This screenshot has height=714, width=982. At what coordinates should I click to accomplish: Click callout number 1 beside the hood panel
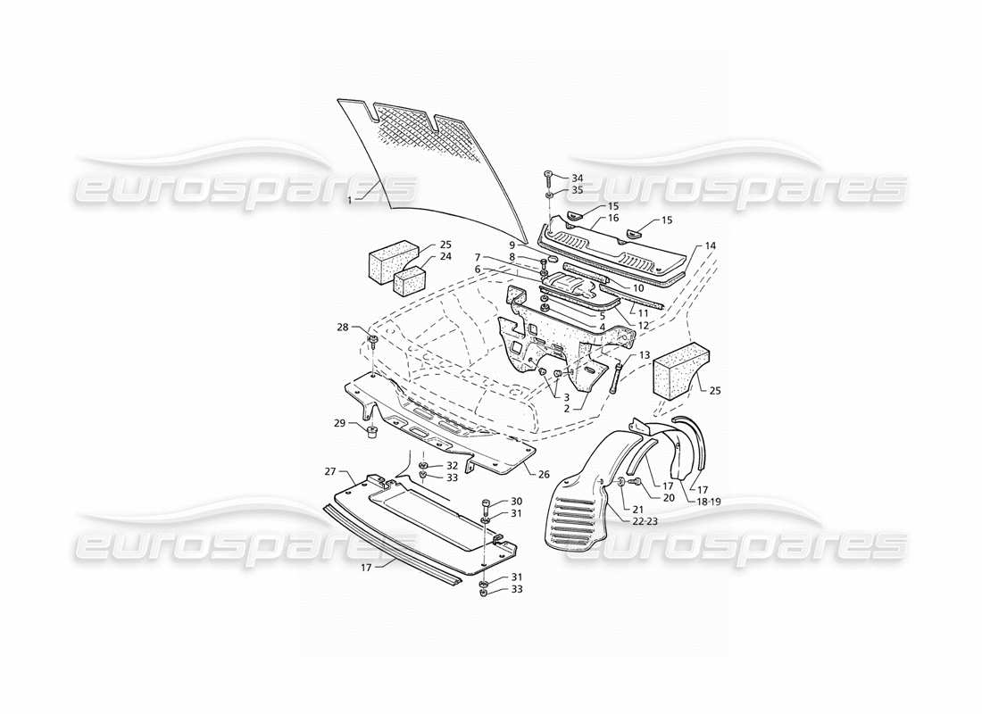click(349, 200)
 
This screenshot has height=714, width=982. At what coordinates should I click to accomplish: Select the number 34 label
click(578, 178)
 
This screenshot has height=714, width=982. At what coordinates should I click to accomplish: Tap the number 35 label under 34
click(578, 190)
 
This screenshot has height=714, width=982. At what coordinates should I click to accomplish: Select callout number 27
click(329, 471)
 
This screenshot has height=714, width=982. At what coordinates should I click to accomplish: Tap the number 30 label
click(516, 501)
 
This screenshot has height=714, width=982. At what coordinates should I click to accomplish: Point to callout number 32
click(452, 466)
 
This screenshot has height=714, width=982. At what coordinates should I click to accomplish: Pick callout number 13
click(644, 355)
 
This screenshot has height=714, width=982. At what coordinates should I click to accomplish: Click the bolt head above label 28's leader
click(372, 340)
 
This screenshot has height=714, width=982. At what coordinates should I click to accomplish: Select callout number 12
click(644, 327)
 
